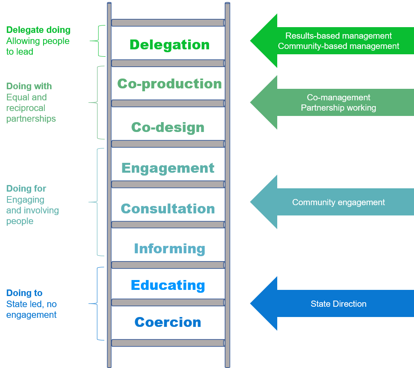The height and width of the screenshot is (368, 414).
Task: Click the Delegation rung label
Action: pyautogui.click(x=169, y=45)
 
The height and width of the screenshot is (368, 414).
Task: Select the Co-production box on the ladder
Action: pyautogui.click(x=169, y=84)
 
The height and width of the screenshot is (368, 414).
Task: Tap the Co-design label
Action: pyautogui.click(x=168, y=127)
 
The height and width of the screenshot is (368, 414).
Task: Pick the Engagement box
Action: pyautogui.click(x=168, y=168)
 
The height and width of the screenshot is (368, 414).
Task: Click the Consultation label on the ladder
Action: pyautogui.click(x=168, y=209)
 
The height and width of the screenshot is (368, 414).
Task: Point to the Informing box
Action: pyautogui.click(x=169, y=249)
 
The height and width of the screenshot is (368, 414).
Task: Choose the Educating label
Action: pyautogui.click(x=168, y=285)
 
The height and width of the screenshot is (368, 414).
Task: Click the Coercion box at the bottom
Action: pyautogui.click(x=168, y=322)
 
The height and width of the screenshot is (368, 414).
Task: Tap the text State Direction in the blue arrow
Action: pyautogui.click(x=338, y=304)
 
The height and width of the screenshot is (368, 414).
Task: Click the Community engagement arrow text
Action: pyautogui.click(x=338, y=202)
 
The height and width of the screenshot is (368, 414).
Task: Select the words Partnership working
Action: pyautogui.click(x=338, y=108)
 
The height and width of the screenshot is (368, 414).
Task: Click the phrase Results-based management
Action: pyautogui.click(x=338, y=36)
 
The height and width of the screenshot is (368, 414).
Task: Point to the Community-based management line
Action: pyautogui.click(x=338, y=46)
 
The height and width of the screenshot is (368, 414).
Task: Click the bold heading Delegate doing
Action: pyautogui.click(x=38, y=30)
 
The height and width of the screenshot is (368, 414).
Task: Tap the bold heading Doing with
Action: pyautogui.click(x=29, y=86)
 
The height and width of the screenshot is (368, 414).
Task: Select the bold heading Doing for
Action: pyautogui.click(x=26, y=189)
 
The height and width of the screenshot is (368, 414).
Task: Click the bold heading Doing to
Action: pyautogui.click(x=24, y=293)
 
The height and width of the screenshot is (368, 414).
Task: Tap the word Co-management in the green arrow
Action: pyautogui.click(x=338, y=97)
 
